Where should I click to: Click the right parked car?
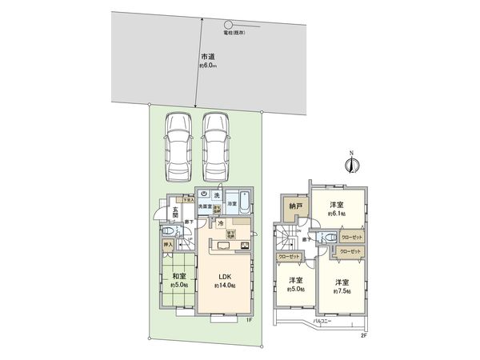(x=216, y=146)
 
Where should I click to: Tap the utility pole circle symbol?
(x=228, y=24)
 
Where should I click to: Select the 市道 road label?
(x=207, y=57)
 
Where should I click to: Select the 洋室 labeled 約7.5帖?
(x=342, y=286)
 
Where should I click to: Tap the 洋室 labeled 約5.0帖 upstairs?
(x=296, y=284)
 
